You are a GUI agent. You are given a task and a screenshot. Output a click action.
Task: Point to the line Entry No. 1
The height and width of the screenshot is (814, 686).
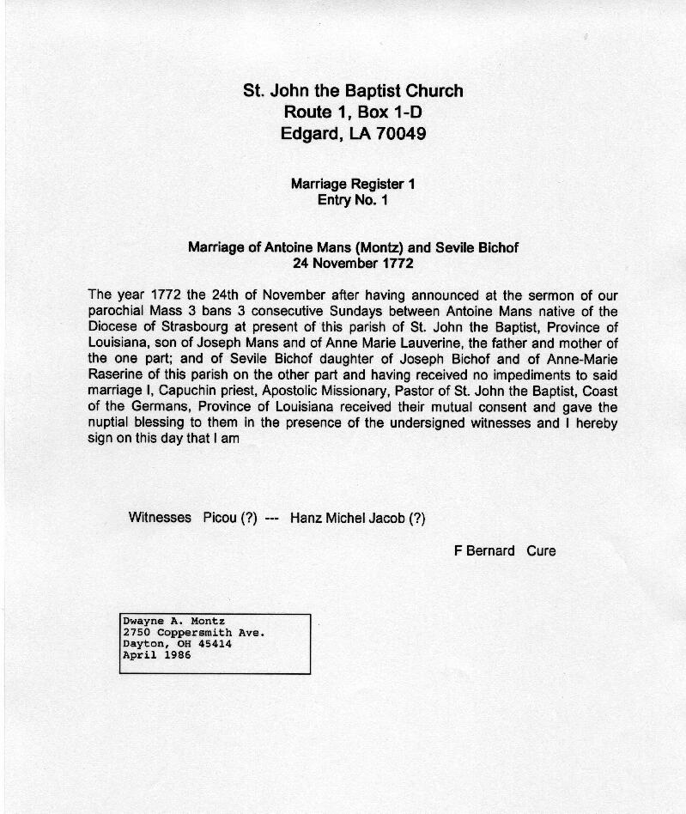(x=353, y=200)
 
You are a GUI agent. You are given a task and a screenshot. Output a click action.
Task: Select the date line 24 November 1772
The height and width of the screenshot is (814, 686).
(x=353, y=264)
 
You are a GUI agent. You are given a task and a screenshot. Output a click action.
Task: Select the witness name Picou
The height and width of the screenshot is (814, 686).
(x=220, y=518)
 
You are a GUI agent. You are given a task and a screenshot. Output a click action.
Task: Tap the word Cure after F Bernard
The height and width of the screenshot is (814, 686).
(x=541, y=550)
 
